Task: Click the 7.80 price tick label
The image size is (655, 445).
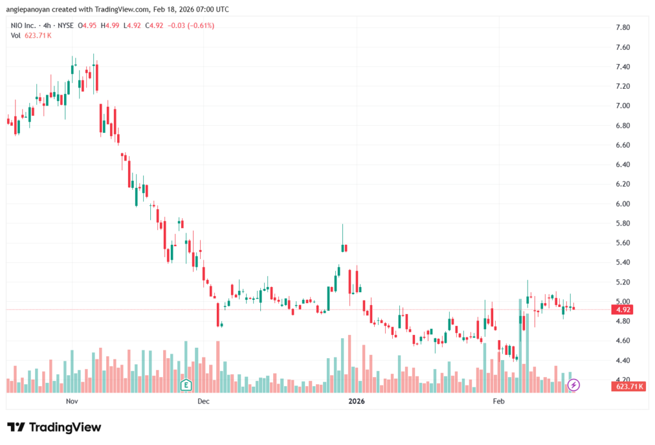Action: [x=623, y=27]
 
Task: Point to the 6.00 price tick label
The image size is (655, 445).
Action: [x=623, y=204]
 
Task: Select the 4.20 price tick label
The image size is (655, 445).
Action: [x=623, y=380]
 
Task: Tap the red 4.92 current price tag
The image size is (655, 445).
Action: [x=623, y=309]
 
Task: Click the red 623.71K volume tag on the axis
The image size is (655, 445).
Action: [x=629, y=387]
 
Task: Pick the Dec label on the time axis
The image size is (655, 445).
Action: [x=203, y=402]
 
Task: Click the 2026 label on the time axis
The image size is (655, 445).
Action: [x=356, y=402]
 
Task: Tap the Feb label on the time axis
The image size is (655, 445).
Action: [x=499, y=402]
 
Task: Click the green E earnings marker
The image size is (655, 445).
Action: [x=186, y=385]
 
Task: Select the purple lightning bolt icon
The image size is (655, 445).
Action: [x=574, y=384]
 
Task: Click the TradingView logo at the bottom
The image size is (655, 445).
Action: [x=54, y=427]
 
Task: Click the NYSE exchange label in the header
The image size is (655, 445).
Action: [x=65, y=26]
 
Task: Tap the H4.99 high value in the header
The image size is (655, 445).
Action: [x=113, y=26]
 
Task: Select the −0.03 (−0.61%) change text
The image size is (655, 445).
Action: [x=191, y=26]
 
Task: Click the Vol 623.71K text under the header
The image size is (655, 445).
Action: [x=31, y=35]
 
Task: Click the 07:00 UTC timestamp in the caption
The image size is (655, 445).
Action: [x=211, y=9]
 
